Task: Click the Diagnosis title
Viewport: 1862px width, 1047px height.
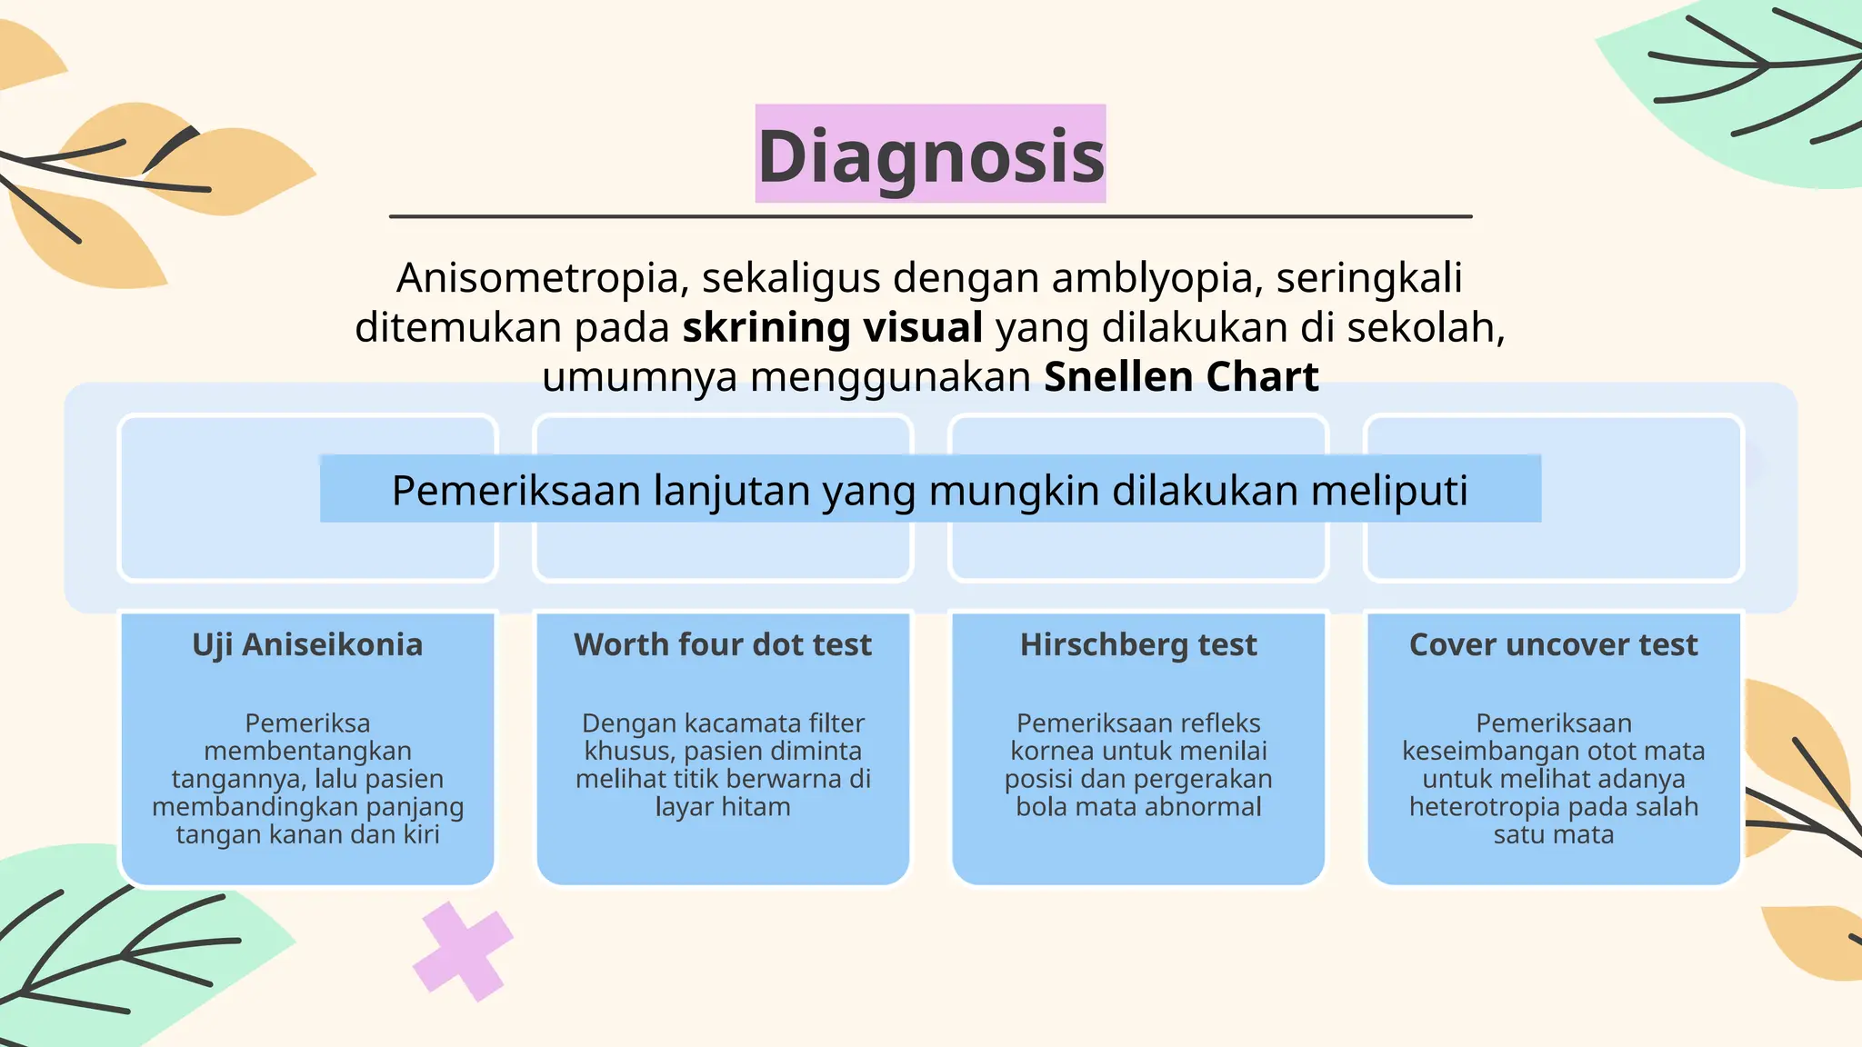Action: pyautogui.click(x=930, y=155)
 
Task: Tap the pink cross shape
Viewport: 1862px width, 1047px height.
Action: pyautogui.click(x=462, y=952)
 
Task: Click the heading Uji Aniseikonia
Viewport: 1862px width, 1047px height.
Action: pyautogui.click(x=307, y=644)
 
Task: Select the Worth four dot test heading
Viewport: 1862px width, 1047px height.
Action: pyautogui.click(x=723, y=644)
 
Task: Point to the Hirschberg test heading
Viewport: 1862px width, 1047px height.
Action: pyautogui.click(x=1138, y=644)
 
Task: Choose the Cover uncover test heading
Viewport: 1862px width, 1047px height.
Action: pyautogui.click(x=1553, y=644)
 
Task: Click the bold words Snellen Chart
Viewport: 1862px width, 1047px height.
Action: pyautogui.click(x=1181, y=377)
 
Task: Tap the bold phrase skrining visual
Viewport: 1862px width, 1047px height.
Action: pyautogui.click(x=832, y=327)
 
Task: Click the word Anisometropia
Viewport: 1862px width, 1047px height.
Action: pyautogui.click(x=538, y=278)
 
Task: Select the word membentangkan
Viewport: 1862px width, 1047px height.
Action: pyautogui.click(x=307, y=752)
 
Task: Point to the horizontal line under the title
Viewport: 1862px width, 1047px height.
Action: pyautogui.click(x=930, y=216)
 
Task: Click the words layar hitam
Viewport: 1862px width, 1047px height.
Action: pyautogui.click(x=723, y=807)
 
